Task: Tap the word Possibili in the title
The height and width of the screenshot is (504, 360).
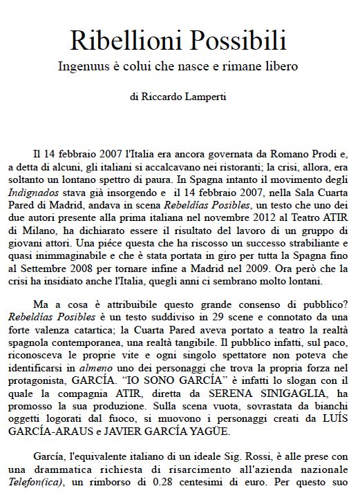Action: pos(238,41)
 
